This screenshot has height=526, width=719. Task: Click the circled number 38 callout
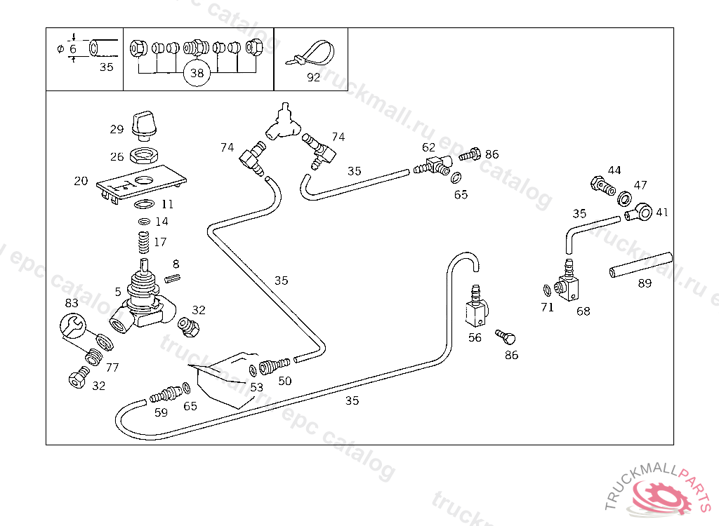click(197, 72)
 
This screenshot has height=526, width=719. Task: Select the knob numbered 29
click(145, 123)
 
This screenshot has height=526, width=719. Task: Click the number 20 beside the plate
click(81, 181)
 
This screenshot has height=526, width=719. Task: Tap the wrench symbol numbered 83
click(72, 326)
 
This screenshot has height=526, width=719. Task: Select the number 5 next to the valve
click(118, 291)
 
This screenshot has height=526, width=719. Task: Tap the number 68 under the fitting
click(583, 311)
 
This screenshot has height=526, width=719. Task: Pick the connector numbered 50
click(275, 365)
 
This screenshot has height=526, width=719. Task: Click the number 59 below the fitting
click(161, 412)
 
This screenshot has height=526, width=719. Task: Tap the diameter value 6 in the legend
click(72, 49)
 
